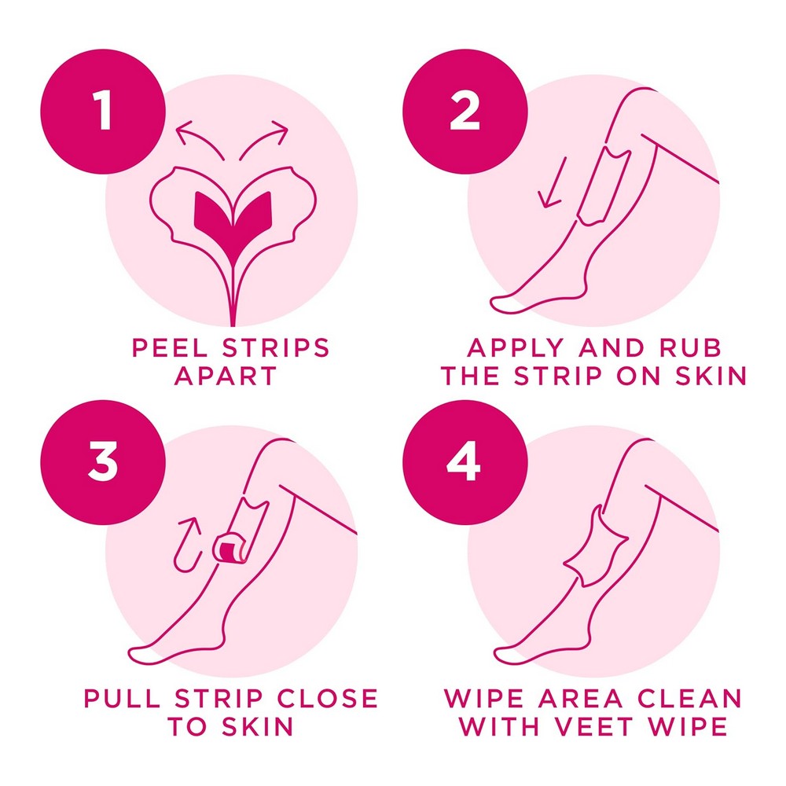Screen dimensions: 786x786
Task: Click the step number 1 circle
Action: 103,112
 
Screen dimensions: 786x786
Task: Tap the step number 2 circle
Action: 465,112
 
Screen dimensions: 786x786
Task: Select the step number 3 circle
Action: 103,462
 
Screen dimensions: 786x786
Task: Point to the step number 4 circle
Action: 465,462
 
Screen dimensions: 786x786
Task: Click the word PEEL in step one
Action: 170,347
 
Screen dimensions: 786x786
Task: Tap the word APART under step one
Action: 226,376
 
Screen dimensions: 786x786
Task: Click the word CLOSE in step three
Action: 327,698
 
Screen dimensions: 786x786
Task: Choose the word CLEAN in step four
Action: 689,698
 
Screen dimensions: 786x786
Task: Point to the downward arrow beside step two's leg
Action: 553,183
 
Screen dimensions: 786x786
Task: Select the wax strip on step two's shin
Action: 602,185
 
